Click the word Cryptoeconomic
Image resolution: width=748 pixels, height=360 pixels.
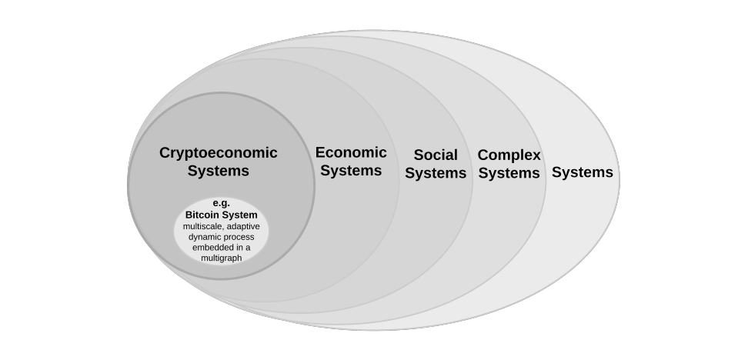tap(218, 153)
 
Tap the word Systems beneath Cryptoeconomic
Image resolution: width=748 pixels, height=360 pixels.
tap(218, 171)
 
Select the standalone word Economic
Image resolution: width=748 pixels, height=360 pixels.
tap(351, 152)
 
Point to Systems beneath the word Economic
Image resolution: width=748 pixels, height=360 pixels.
tap(351, 170)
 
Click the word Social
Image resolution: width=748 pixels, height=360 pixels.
tap(436, 155)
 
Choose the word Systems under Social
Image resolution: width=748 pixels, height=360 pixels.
tap(436, 173)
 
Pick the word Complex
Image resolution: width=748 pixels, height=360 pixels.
tap(509, 155)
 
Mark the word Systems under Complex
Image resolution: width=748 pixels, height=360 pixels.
tap(509, 172)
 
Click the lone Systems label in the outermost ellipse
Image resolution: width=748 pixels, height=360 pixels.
tap(583, 172)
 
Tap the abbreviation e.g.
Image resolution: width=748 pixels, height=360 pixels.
tap(222, 203)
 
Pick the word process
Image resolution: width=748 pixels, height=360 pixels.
tap(238, 238)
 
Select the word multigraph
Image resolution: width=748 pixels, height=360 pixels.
tap(222, 258)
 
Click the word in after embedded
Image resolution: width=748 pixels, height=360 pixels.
tap(240, 248)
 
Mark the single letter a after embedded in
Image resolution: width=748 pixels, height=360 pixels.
tap(248, 248)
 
